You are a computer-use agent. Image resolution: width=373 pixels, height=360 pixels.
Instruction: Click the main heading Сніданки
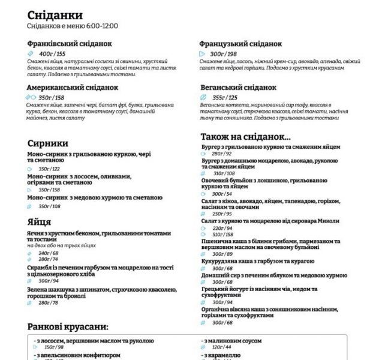[55, 15]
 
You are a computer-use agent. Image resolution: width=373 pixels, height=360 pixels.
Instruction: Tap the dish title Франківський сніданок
[70, 44]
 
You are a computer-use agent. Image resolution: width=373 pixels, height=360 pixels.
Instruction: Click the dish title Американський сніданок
[73, 88]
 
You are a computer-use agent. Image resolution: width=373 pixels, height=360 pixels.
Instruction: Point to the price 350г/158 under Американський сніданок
[51, 98]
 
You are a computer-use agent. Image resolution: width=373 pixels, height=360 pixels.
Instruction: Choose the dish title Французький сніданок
[240, 44]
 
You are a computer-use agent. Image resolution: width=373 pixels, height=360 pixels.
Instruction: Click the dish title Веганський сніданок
[238, 88]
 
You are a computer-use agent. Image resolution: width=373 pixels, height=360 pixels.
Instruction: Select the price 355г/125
[225, 97]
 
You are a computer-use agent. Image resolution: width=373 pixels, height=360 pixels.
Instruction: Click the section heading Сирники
[48, 143]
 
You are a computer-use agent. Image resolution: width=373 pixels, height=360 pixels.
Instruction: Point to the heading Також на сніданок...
[245, 136]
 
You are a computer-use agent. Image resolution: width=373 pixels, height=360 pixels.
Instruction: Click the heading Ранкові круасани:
[68, 327]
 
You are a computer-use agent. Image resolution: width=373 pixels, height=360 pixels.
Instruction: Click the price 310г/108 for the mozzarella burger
[224, 173]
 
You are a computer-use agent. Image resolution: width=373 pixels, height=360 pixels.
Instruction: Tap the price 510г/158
[224, 235]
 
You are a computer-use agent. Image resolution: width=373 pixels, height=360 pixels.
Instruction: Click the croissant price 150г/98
[54, 347]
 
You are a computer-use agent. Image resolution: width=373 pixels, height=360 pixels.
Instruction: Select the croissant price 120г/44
[221, 347]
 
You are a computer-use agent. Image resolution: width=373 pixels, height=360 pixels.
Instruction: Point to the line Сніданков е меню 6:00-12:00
[73, 26]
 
